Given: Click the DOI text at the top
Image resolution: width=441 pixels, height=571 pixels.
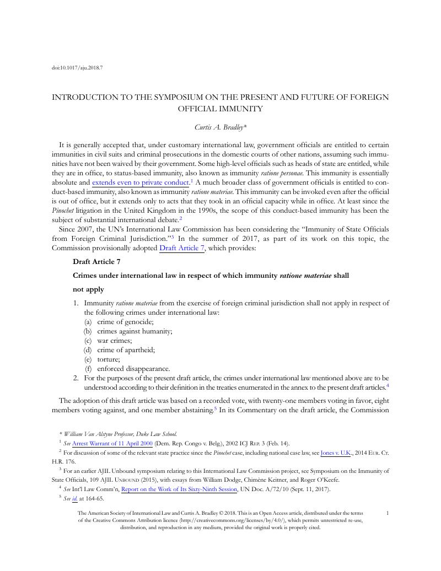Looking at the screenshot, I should (x=78, y=68).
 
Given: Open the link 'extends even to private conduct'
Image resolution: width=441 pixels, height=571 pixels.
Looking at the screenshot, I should (x=141, y=182).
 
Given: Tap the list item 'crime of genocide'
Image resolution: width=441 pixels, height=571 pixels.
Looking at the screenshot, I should (x=125, y=322).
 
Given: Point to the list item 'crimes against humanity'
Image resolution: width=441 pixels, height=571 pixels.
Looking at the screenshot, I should (x=135, y=331).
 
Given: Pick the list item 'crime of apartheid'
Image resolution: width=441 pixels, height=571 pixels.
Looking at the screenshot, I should (x=126, y=350).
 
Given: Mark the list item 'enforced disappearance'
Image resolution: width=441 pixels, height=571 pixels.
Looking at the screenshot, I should (x=133, y=369).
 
